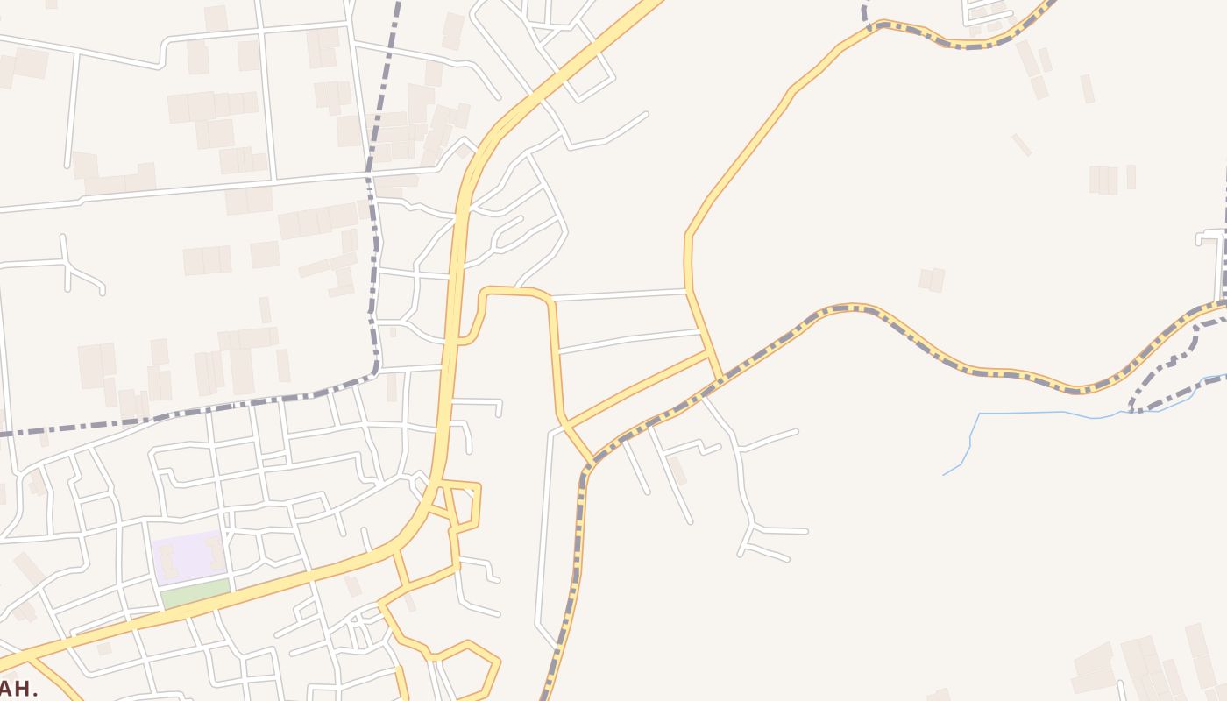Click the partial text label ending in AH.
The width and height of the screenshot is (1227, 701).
(18, 688)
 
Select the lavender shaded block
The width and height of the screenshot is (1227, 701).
(188, 556)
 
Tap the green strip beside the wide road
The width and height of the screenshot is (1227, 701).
(195, 593)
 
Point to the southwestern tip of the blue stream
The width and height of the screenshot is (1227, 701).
(945, 475)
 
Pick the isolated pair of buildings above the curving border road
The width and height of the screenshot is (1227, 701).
(932, 280)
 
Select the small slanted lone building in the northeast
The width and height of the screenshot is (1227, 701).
(1021, 145)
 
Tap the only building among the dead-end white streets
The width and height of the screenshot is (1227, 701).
(677, 471)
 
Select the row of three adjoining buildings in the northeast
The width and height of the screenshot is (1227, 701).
(1103, 180)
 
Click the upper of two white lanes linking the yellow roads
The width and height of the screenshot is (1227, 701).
(619, 294)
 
